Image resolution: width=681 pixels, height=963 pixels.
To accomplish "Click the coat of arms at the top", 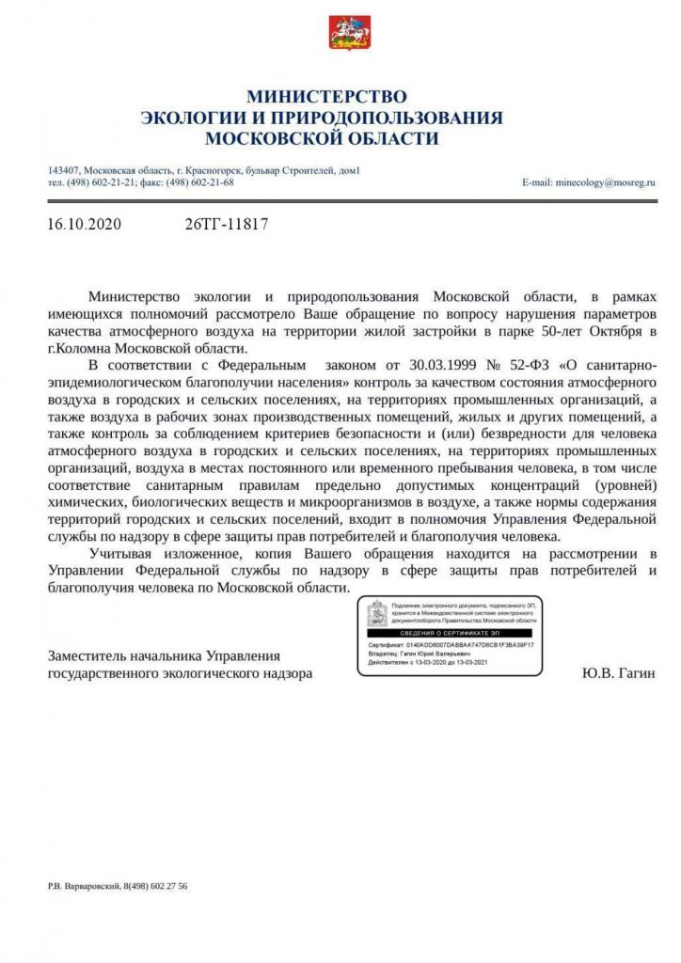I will [x=340, y=33].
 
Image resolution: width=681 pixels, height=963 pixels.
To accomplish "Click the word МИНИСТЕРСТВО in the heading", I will [x=326, y=96].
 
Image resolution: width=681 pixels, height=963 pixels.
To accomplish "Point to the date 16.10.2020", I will [x=84, y=225].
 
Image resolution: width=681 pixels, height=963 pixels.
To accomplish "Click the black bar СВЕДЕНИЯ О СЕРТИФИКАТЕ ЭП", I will [x=449, y=635].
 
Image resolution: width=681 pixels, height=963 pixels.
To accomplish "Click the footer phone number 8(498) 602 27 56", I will [x=154, y=886].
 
